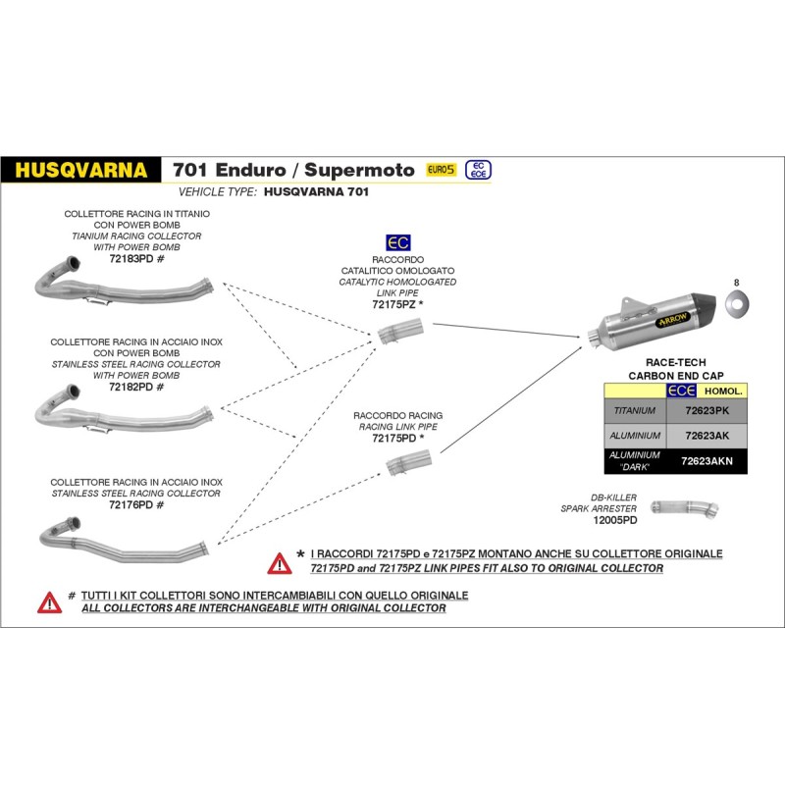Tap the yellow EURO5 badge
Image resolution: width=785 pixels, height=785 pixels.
[441, 170]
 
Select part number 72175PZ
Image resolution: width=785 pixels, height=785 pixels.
[394, 304]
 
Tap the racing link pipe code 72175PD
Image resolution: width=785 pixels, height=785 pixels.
[394, 438]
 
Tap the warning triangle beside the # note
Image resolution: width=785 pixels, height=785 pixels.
[49, 602]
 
